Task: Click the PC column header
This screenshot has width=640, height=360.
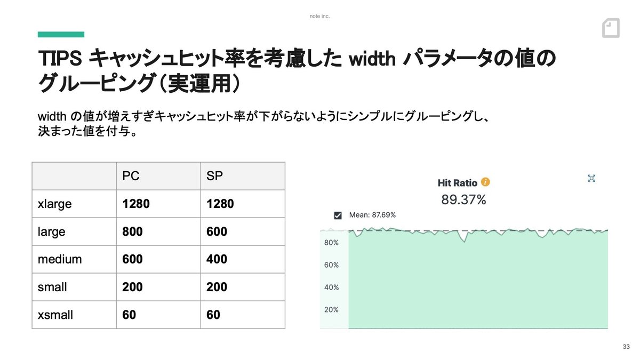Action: pos(131,176)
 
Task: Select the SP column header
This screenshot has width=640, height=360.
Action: pos(214,176)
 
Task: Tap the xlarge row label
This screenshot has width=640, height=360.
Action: pos(54,204)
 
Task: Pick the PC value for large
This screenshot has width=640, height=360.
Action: pos(132,231)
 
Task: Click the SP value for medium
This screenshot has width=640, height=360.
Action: pos(217,259)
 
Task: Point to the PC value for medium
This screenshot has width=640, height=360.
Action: pos(132,259)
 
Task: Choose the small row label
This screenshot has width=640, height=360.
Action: pos(52,287)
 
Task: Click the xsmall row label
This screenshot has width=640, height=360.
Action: pos(55,315)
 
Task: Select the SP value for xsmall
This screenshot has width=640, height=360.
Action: pos(213,315)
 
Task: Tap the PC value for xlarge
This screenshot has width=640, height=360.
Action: pos(136,204)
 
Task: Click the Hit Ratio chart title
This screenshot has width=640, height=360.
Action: pos(458,183)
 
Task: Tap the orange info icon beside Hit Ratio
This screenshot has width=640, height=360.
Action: pos(485,182)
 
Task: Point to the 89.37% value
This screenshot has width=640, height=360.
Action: pos(463,199)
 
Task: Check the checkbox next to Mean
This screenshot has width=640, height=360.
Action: pos(338,215)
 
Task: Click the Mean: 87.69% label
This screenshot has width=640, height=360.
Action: pos(372,215)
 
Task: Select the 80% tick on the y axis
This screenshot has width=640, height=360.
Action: pos(331,243)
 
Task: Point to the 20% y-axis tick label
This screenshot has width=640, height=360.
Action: pos(331,310)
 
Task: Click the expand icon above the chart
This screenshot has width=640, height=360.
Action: pos(591,178)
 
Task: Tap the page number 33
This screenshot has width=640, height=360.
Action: pos(626,347)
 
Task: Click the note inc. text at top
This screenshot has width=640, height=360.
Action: pos(319,17)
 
